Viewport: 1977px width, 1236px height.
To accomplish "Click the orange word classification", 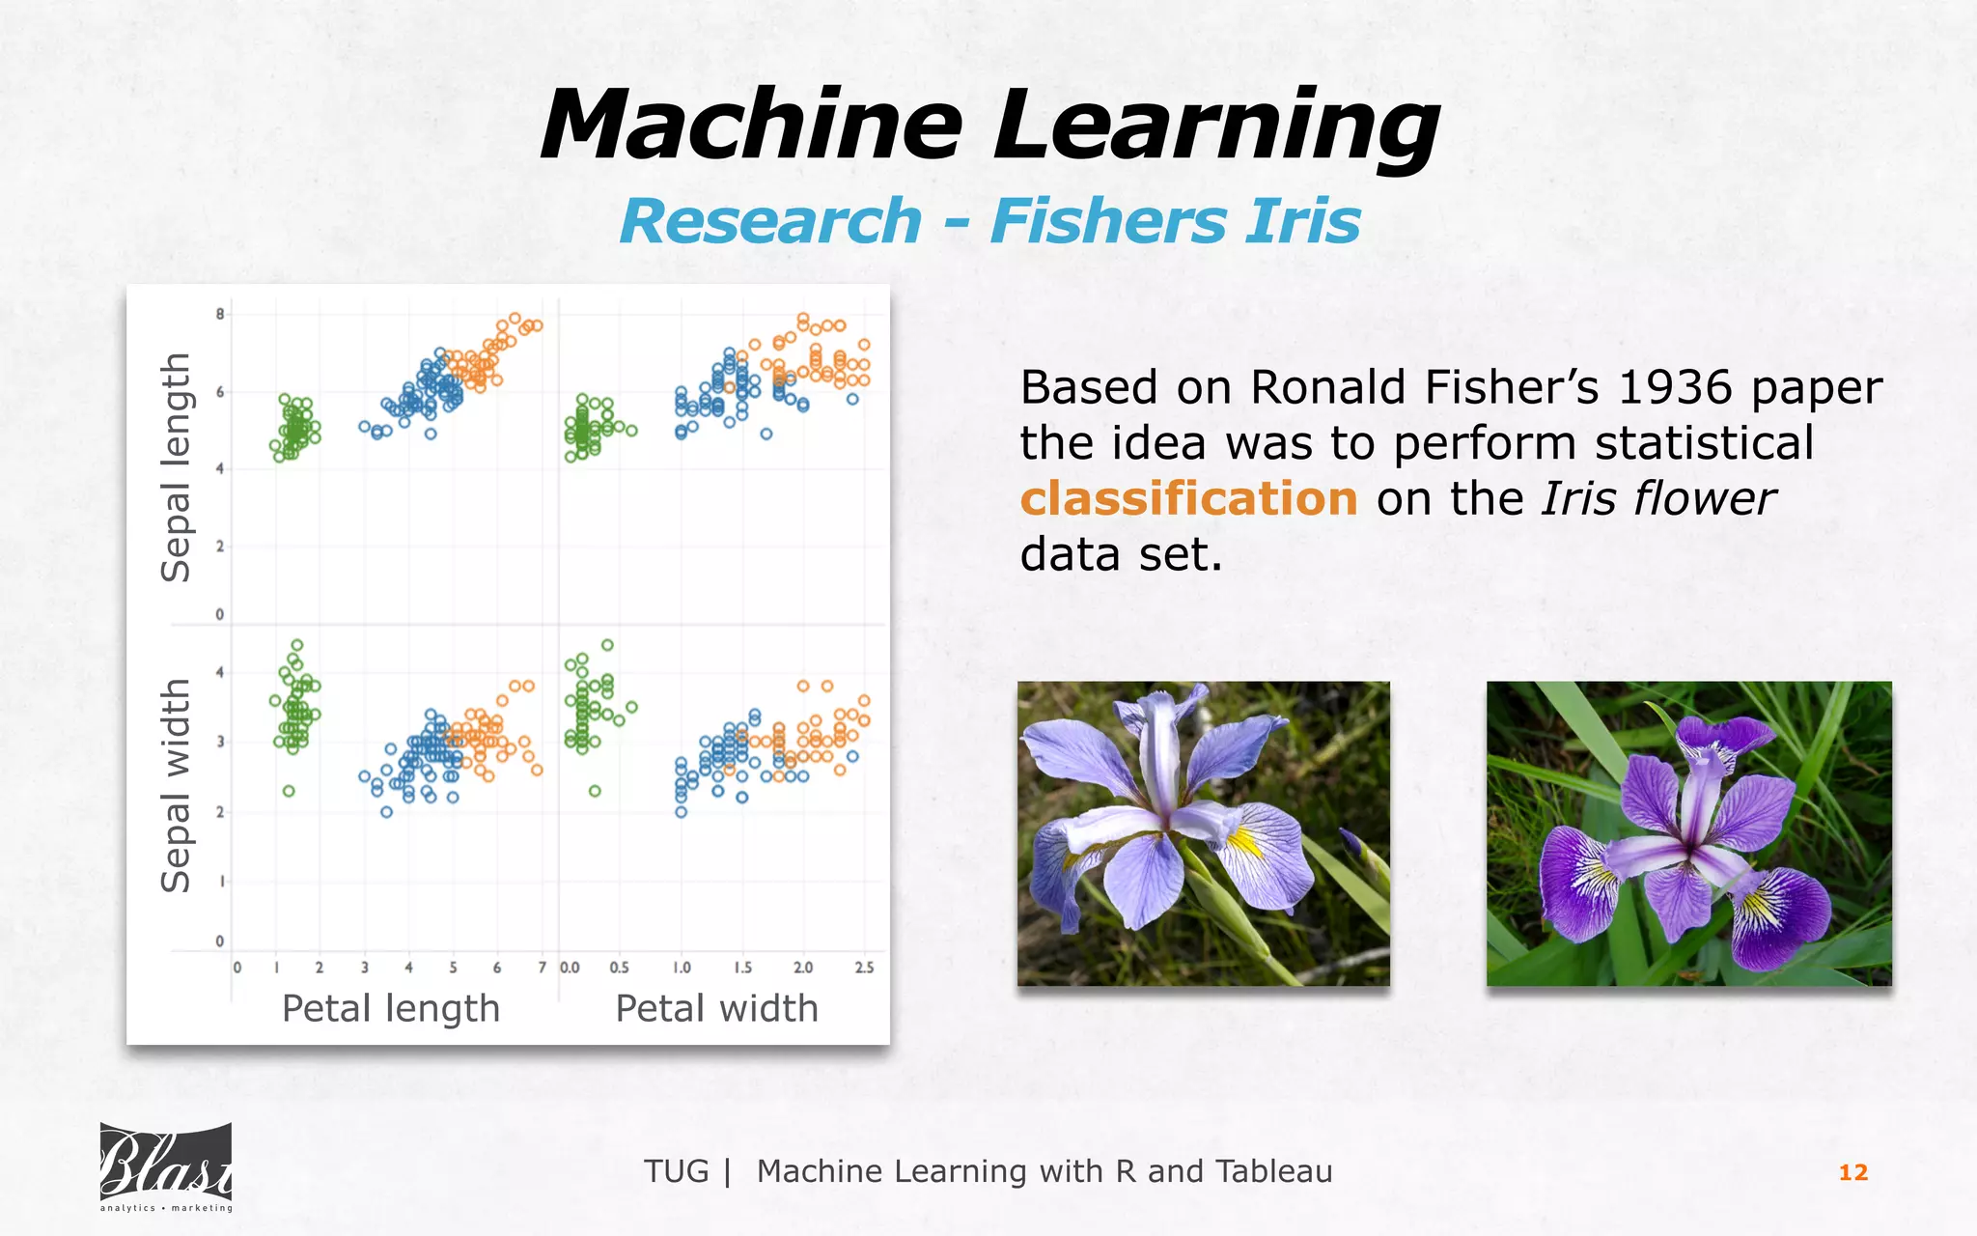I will (x=1188, y=499).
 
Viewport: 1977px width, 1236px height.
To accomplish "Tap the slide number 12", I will (x=1852, y=1172).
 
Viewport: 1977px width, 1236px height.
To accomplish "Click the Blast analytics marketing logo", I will (x=166, y=1167).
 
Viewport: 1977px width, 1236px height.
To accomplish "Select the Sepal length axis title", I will (x=176, y=467).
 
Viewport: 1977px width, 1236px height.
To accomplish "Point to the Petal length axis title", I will (x=391, y=1009).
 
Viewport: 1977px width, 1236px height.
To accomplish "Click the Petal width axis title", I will (x=716, y=1009).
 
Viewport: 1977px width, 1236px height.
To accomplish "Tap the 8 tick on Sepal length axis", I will (x=220, y=314).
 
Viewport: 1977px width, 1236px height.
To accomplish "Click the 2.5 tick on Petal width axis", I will (x=864, y=968).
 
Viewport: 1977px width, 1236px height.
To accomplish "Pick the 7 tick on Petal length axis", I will (x=542, y=968).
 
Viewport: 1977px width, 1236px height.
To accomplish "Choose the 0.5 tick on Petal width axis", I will (x=619, y=968).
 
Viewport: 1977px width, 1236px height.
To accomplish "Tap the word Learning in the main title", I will (x=1216, y=126).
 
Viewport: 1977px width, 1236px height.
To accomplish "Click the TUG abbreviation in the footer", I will (x=676, y=1171).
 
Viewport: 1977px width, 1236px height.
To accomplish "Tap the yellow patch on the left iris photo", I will (x=1245, y=842).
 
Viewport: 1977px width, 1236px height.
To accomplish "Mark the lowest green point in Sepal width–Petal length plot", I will (x=289, y=791).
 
